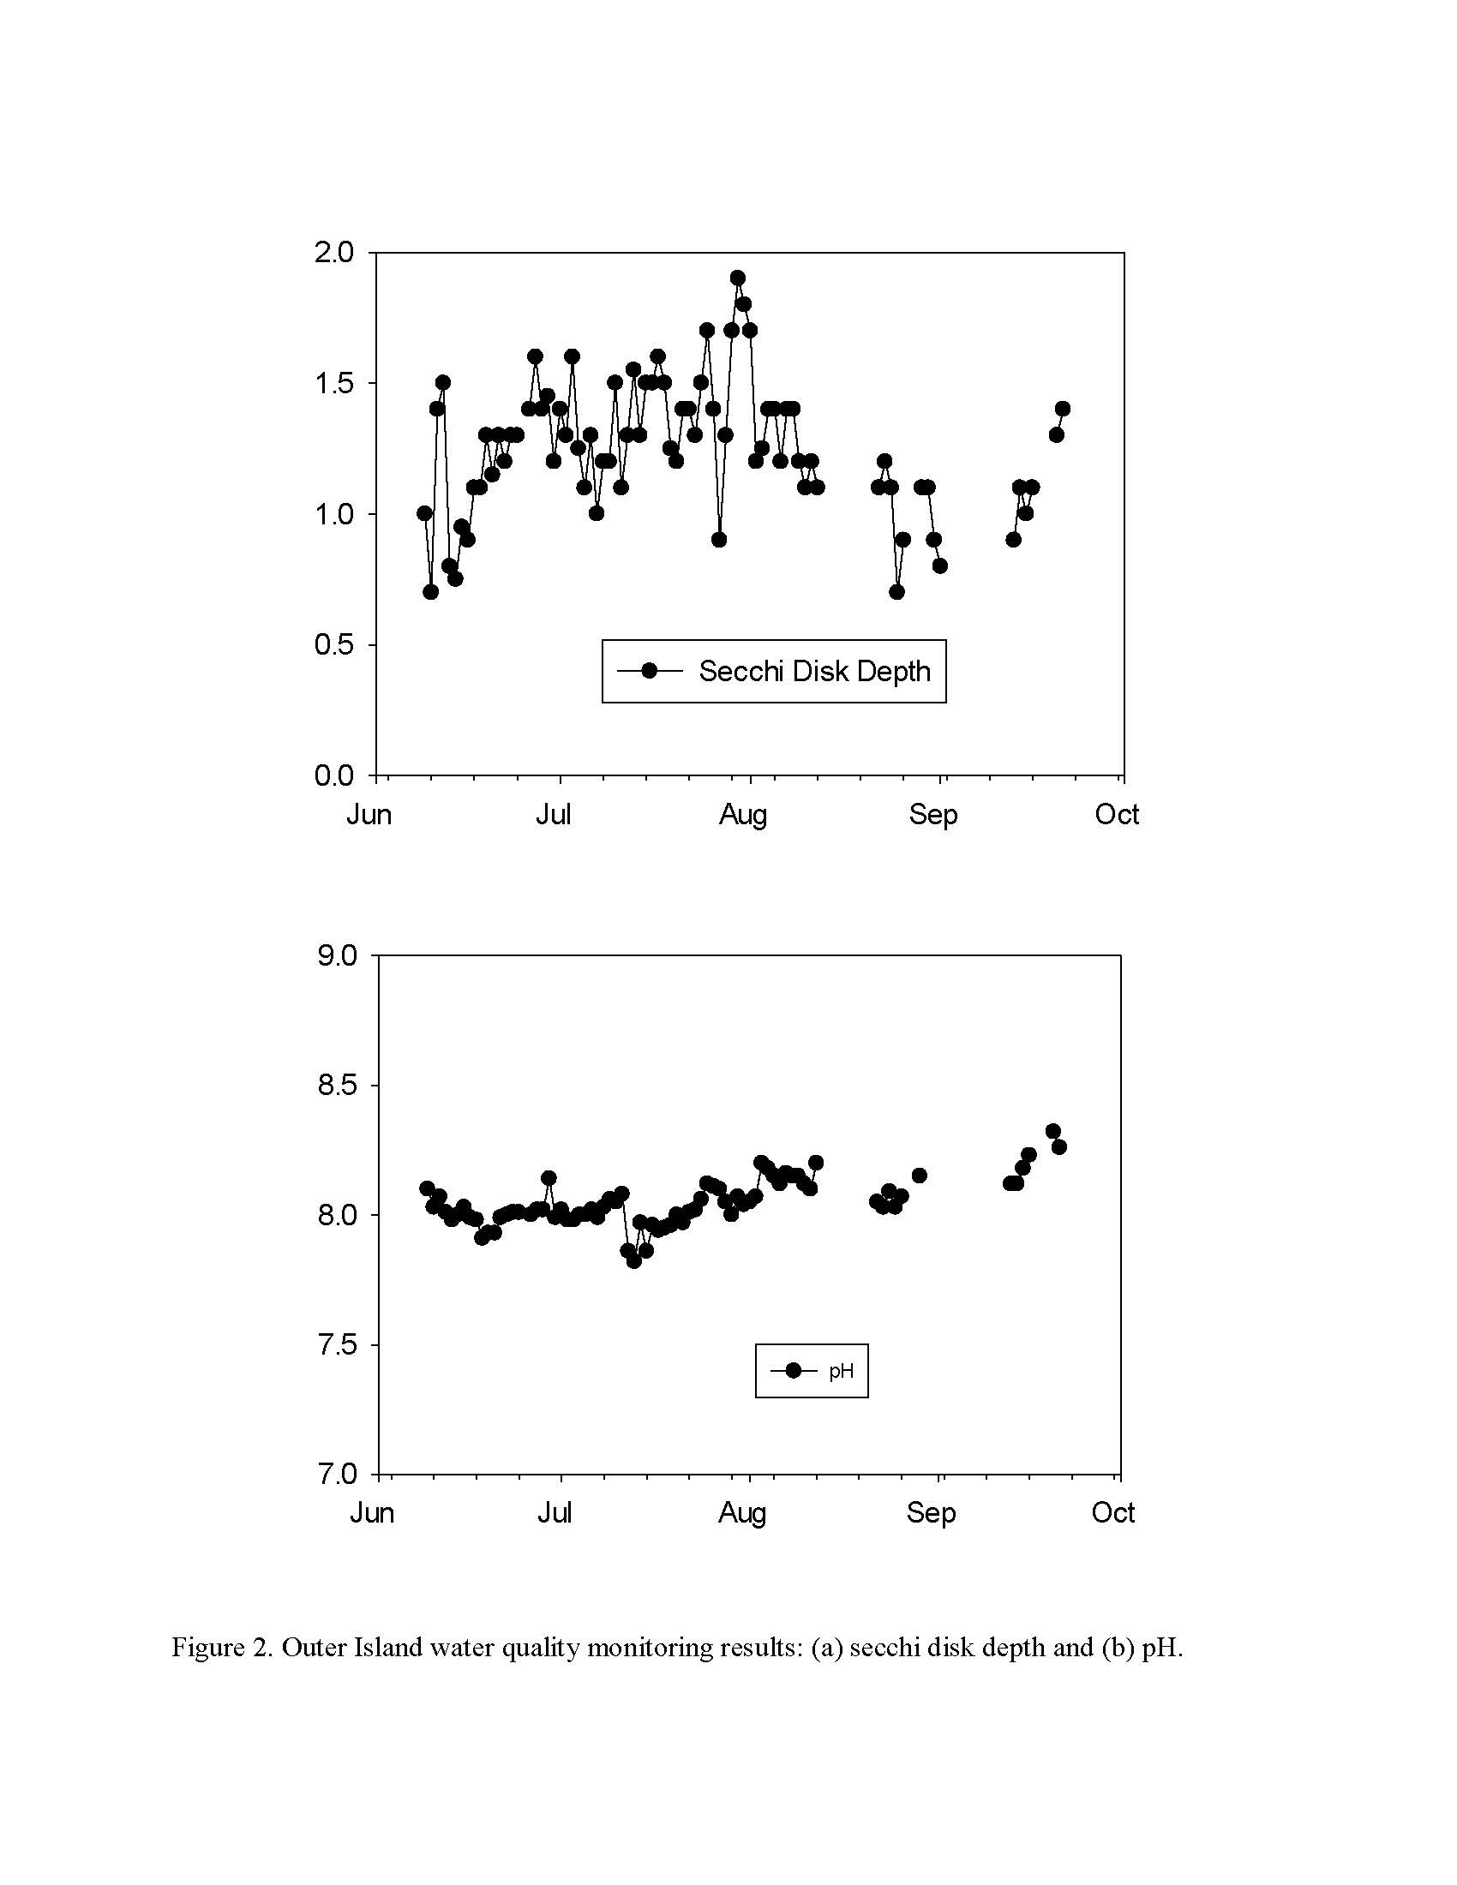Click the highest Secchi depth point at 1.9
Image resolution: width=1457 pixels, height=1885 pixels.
737,278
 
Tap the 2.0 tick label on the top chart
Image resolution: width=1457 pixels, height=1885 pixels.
334,252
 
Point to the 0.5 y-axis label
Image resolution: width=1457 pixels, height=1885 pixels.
334,644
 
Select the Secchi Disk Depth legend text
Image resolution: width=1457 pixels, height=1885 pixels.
815,672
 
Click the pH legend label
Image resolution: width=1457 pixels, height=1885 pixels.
841,1371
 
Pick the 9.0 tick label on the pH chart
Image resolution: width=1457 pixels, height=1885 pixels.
337,955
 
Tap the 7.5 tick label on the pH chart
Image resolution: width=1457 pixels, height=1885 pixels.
337,1344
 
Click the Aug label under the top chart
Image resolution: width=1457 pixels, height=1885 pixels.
743,815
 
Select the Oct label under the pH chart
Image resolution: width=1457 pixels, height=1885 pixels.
1113,1512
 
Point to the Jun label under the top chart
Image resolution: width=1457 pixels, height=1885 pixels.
369,815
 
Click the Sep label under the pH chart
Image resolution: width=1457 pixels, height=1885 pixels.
931,1513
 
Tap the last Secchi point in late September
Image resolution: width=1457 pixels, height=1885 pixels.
1062,408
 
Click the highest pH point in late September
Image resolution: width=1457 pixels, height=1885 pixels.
1052,1131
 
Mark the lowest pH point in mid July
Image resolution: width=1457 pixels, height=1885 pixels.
633,1261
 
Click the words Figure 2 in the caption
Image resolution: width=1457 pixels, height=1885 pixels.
223,1648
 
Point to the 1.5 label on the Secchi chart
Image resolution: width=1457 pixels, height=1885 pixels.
334,382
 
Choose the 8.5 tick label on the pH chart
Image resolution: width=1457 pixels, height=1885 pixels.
337,1085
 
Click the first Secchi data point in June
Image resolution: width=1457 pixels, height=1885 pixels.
423,513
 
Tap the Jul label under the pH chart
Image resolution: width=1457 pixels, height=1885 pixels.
555,1512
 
